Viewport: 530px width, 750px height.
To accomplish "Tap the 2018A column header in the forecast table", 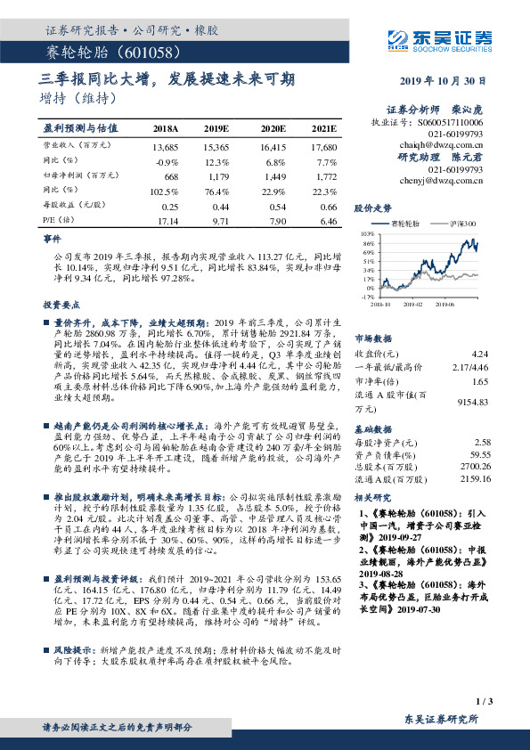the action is [166, 128].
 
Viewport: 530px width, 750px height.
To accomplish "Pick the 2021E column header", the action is [323, 128].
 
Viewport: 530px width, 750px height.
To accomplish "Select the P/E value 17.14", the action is [167, 219].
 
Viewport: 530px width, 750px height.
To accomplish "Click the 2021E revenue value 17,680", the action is [323, 145].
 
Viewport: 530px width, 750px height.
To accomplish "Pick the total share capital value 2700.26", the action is [473, 465].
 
